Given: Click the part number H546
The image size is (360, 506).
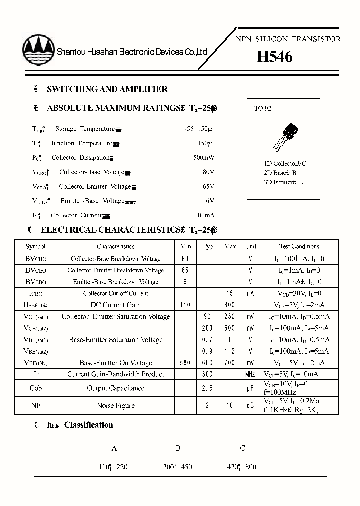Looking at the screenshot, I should (274, 57).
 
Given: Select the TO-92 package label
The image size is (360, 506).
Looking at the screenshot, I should (263, 108).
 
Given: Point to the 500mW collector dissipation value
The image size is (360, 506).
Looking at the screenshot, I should (203, 158).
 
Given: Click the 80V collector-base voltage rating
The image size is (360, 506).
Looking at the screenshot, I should (208, 172).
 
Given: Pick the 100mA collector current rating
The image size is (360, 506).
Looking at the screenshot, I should (203, 215).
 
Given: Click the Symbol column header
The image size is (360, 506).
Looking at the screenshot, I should (36, 246).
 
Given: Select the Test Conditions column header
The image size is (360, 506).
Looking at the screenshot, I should (299, 246).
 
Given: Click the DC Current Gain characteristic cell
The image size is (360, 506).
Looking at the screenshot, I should (115, 305).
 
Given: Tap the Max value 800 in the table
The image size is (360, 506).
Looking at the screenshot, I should (229, 305).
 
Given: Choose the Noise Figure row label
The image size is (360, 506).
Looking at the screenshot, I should (115, 405).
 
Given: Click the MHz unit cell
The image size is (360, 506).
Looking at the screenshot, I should (250, 374).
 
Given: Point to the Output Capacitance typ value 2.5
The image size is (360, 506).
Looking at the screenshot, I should (208, 388).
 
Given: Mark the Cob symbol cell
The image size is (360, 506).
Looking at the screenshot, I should (36, 388).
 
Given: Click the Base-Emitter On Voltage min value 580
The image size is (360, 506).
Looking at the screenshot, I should (185, 363).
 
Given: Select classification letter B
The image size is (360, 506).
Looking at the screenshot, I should (178, 448).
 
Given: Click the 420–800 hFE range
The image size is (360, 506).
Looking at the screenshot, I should (242, 467).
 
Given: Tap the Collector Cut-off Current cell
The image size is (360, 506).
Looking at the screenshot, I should (115, 293).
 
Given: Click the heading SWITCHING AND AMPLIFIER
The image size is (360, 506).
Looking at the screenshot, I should (107, 89).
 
